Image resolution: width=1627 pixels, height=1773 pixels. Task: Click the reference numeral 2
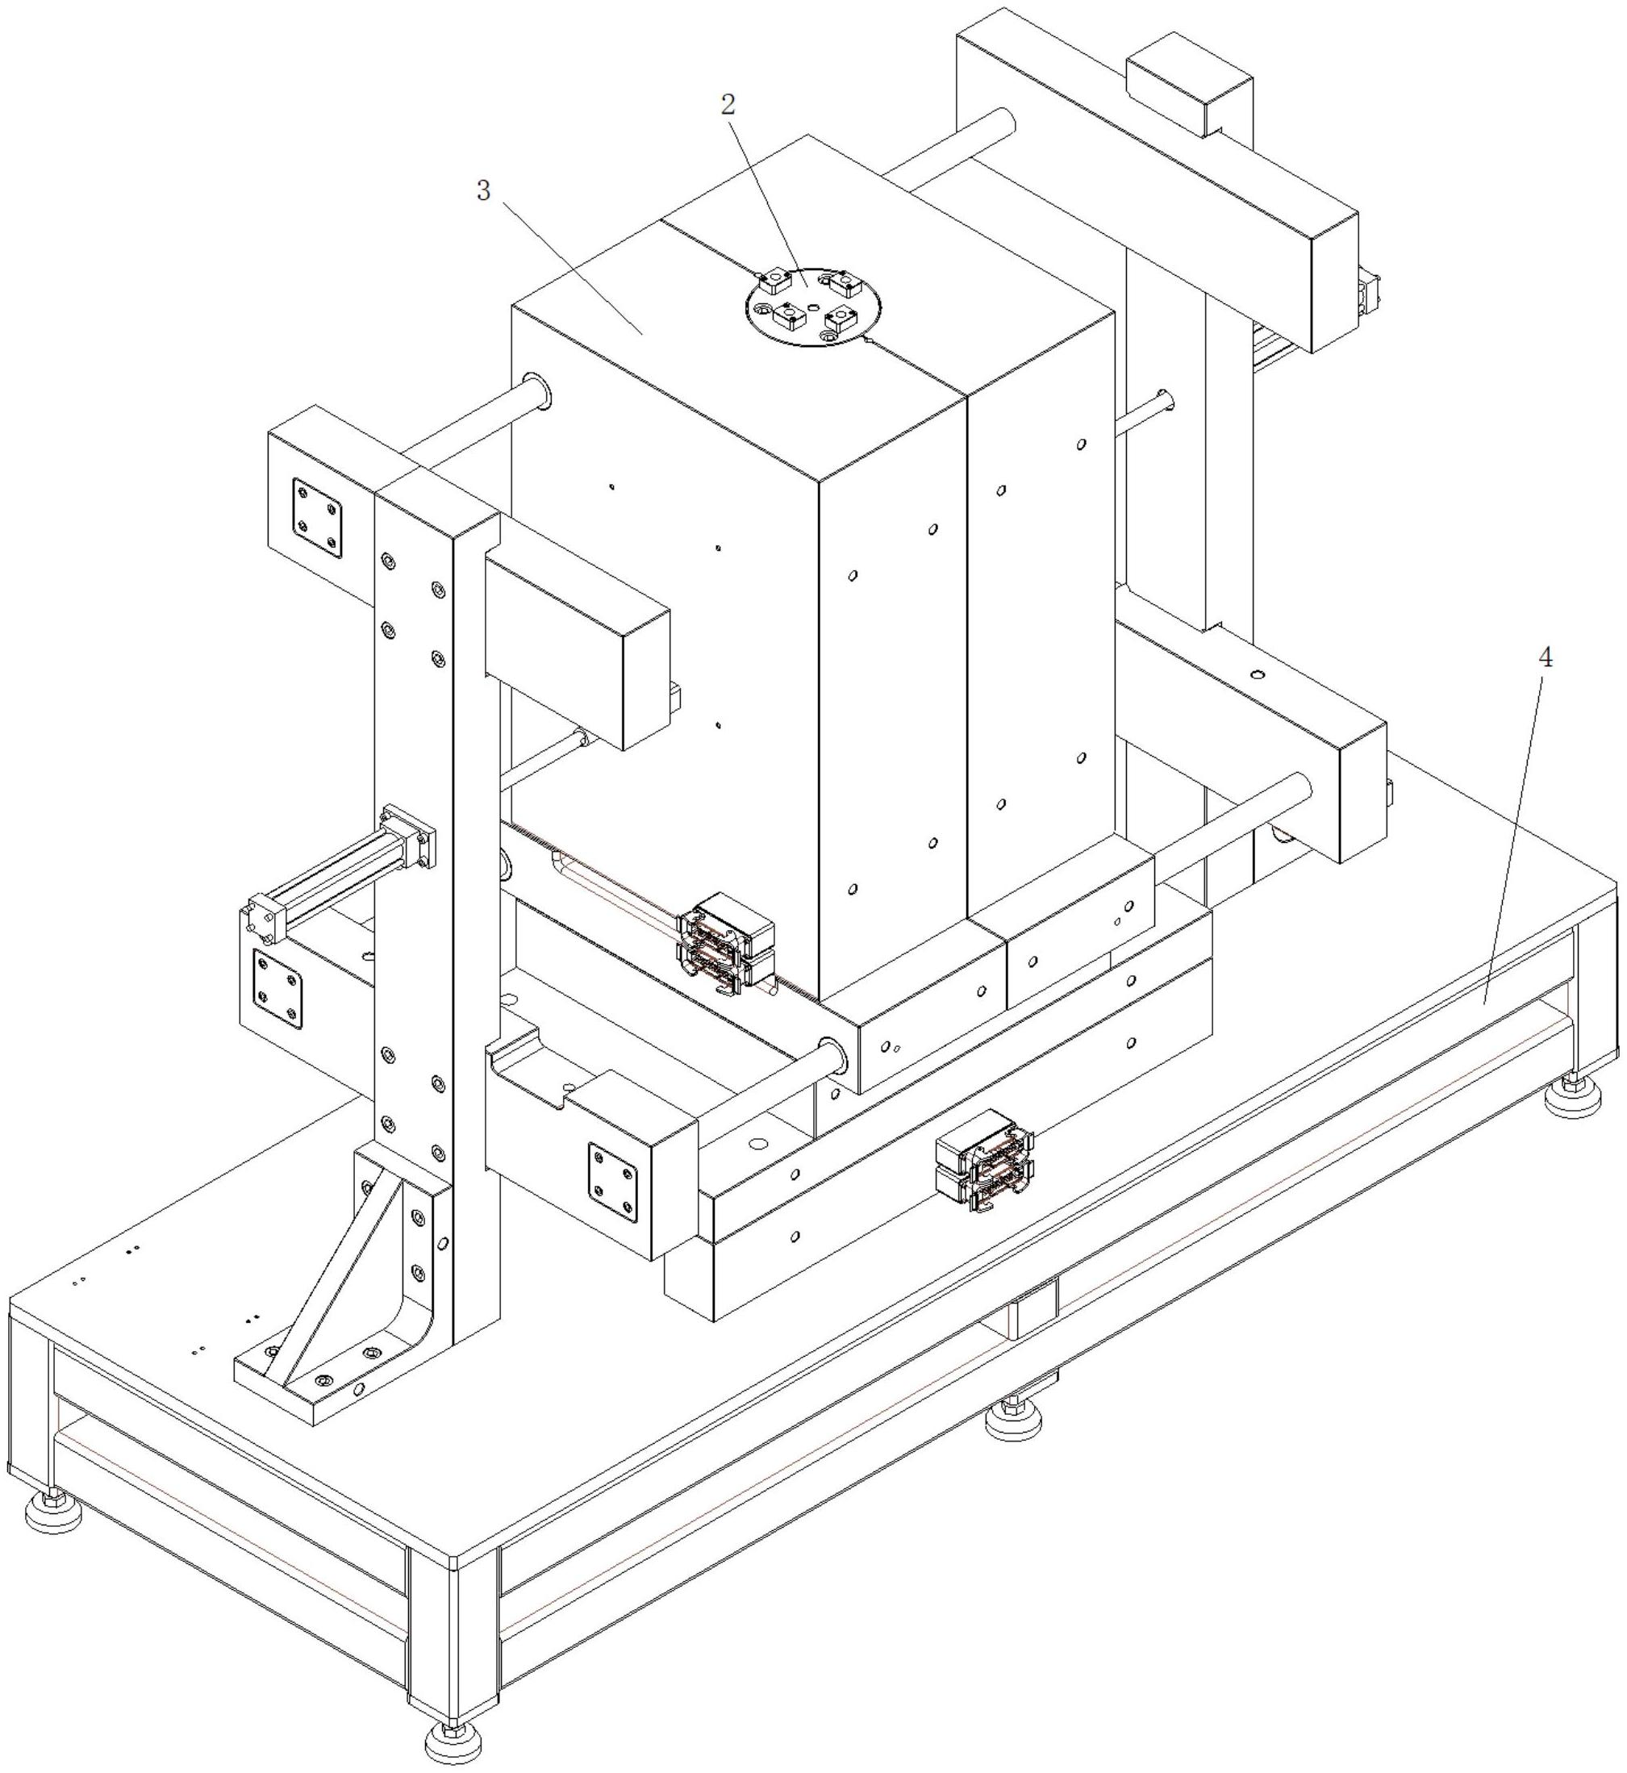pyautogui.click(x=728, y=105)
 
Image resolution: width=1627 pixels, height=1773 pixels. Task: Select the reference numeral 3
pyautogui.click(x=482, y=190)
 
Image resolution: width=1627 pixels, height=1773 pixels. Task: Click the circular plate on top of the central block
pyautogui.click(x=812, y=307)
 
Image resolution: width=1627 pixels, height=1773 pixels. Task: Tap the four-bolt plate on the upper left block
pyautogui.click(x=317, y=519)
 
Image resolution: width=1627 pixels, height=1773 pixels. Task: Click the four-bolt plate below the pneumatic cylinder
pyautogui.click(x=277, y=990)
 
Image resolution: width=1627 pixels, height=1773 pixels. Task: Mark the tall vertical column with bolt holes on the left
pyautogui.click(x=436, y=916)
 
